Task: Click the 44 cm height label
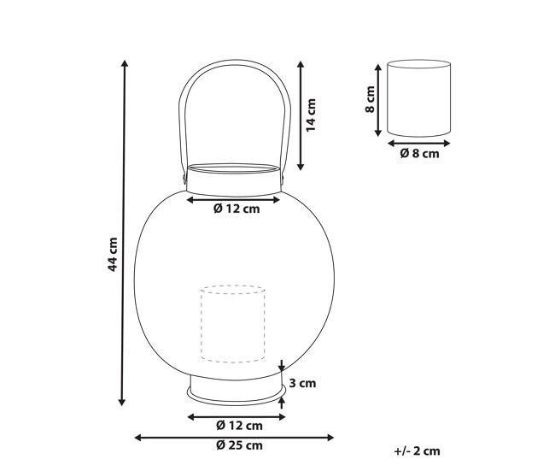(x=113, y=255)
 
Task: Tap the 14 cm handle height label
(x=311, y=115)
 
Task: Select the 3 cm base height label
(x=302, y=383)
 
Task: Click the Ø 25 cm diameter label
(x=239, y=445)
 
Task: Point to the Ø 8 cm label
(x=419, y=154)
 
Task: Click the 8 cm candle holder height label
(x=370, y=99)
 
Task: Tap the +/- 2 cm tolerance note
(x=417, y=451)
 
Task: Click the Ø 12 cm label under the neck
(x=237, y=209)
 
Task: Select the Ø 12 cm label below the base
(x=239, y=426)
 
